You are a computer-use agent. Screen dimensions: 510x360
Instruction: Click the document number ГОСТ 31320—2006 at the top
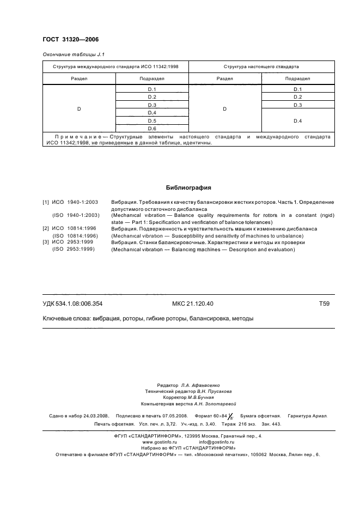click(x=70, y=40)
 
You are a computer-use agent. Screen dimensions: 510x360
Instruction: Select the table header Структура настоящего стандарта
click(x=261, y=66)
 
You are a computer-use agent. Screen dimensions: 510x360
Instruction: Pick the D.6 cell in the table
click(x=152, y=128)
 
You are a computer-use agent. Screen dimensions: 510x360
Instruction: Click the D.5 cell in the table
click(x=152, y=120)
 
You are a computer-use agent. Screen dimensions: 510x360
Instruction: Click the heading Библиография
click(x=188, y=188)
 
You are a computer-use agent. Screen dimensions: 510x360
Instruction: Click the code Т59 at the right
click(x=324, y=303)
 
